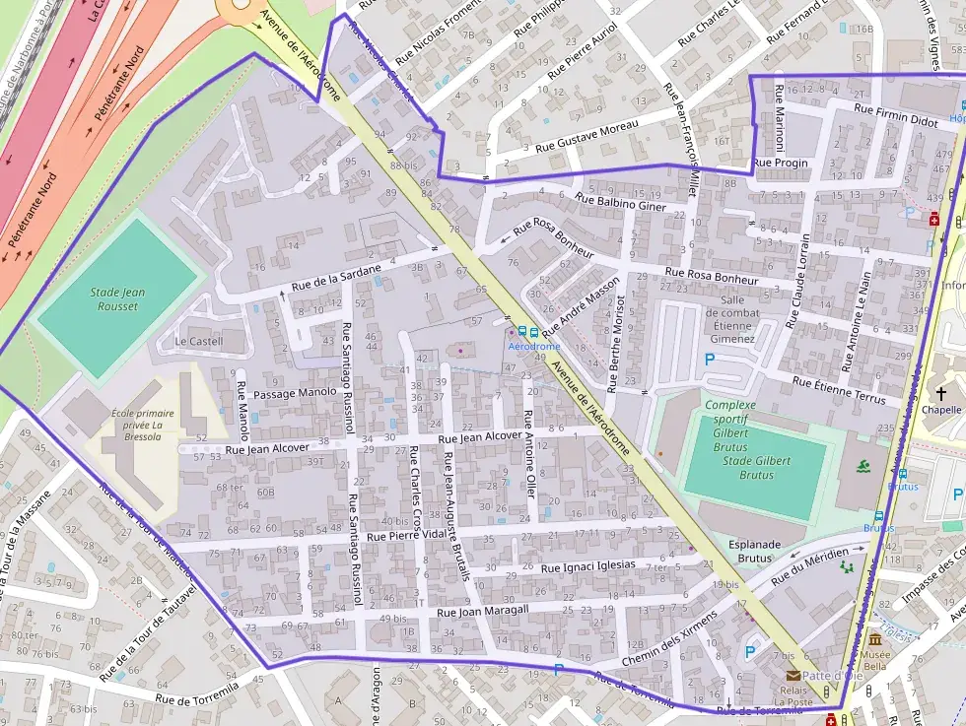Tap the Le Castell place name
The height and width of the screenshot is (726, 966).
tap(199, 342)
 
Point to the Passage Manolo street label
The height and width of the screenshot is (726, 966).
tap(296, 393)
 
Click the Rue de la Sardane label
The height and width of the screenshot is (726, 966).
tap(335, 279)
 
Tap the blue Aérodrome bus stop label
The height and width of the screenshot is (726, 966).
tap(534, 347)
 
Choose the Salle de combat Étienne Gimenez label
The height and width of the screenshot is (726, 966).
tap(730, 319)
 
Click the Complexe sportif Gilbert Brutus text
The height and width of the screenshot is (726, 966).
tap(729, 426)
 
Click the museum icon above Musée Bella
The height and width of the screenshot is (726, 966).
tap(874, 640)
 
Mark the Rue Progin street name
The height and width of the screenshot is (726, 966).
tap(780, 163)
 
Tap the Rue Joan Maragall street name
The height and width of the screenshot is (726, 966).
tap(482, 611)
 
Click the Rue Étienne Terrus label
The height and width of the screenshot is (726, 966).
tap(838, 389)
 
